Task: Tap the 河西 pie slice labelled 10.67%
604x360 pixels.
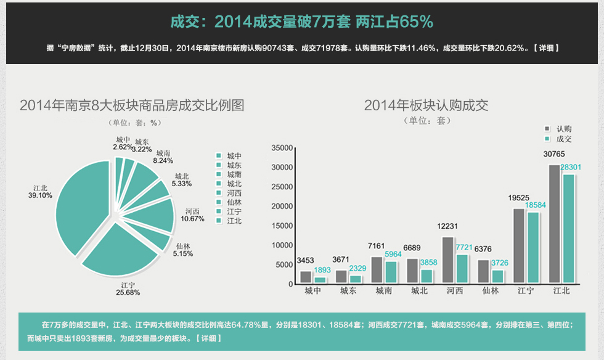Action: [x=157, y=215]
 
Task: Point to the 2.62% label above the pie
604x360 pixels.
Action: [x=123, y=147]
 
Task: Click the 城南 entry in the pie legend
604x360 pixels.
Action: [x=234, y=175]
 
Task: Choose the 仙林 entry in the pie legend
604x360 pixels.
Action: [x=234, y=202]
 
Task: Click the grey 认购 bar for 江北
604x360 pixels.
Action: [x=554, y=224]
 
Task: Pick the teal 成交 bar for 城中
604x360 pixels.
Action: [x=319, y=280]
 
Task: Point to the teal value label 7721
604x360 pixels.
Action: [x=463, y=247]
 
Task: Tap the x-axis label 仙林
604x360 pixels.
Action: [x=491, y=291]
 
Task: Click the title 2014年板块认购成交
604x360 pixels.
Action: [x=426, y=105]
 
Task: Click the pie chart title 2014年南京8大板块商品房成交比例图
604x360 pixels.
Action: [x=132, y=105]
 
